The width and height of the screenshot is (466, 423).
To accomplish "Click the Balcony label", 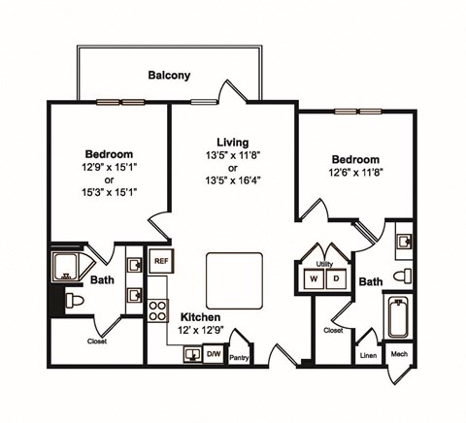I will (169, 75).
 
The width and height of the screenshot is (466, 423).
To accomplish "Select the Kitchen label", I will (201, 317).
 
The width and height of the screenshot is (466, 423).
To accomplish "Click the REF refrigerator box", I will (160, 260).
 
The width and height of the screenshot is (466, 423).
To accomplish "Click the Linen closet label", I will (368, 356).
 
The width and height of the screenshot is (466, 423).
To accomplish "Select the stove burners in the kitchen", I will (157, 310).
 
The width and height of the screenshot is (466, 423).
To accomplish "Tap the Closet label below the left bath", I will (97, 341).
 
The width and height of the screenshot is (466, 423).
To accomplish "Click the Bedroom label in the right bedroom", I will (354, 159).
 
